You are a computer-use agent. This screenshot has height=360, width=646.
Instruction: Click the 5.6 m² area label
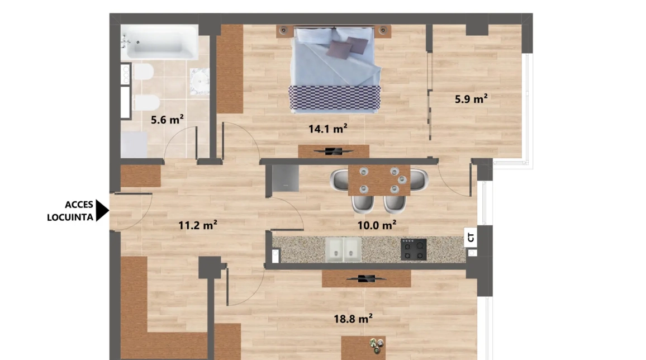[168, 119]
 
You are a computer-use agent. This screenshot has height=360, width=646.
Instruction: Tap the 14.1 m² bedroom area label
[328, 129]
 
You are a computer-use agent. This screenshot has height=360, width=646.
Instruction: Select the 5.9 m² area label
[471, 100]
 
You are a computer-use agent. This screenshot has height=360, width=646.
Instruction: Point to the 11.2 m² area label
[198, 226]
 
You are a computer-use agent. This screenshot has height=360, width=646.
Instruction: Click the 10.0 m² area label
[377, 225]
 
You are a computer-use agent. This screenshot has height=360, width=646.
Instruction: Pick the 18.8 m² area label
[353, 319]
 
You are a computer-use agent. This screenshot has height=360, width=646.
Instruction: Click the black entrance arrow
[102, 211]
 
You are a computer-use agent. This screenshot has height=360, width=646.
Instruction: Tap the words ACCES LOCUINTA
[70, 211]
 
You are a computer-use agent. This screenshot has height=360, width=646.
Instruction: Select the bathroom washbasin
[199, 81]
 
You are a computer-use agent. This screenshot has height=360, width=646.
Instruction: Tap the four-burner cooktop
[414, 249]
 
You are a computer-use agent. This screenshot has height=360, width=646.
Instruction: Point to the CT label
[471, 238]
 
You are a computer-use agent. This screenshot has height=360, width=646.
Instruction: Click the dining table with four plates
[379, 180]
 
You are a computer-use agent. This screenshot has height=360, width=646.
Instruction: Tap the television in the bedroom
[333, 150]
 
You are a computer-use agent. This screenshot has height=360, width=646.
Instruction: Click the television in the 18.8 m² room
[366, 278]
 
